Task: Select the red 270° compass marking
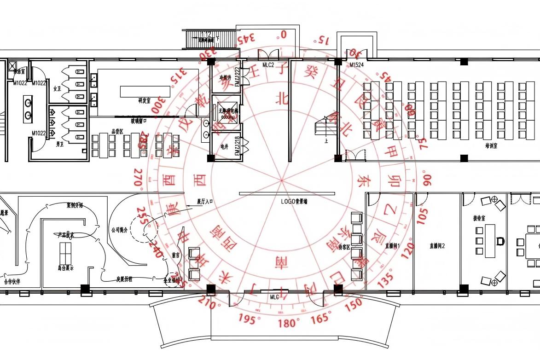(x=138, y=178)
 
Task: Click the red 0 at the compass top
(x=284, y=34)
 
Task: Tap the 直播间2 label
(x=437, y=246)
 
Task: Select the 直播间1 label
(x=392, y=246)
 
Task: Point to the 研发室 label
(x=144, y=100)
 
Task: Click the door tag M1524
(x=356, y=65)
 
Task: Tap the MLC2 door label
(x=268, y=65)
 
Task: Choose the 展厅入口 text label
(x=206, y=201)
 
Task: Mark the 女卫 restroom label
(x=57, y=88)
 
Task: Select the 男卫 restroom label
(x=60, y=144)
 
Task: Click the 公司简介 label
(x=119, y=230)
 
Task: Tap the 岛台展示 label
(x=65, y=267)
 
